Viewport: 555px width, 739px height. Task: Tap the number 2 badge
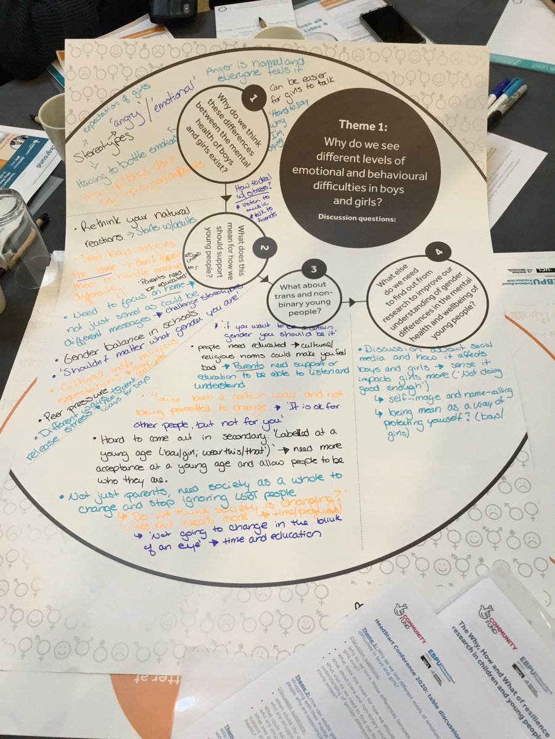tap(263, 248)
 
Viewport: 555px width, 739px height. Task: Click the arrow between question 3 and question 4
tap(352, 302)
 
